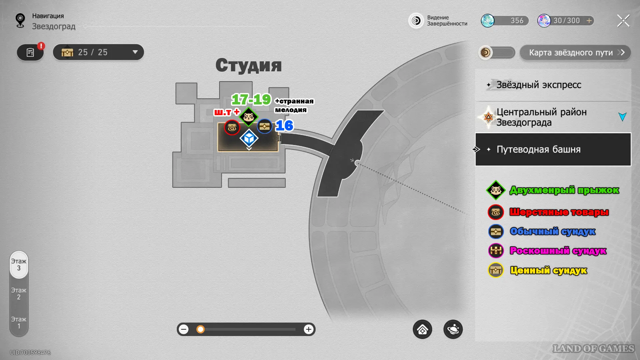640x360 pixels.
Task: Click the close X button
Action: [623, 21]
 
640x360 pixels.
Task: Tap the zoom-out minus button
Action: [184, 329]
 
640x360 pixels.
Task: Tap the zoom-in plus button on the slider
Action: [309, 329]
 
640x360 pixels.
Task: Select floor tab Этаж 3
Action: [19, 265]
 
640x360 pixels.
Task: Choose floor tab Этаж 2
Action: [19, 294]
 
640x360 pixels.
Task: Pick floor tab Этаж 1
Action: [19, 323]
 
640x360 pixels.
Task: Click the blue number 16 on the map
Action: [285, 126]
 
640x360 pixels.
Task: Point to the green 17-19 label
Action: [251, 99]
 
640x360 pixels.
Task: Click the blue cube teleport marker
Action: [249, 138]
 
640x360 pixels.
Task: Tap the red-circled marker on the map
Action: [232, 127]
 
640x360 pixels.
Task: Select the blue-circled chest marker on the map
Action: [265, 126]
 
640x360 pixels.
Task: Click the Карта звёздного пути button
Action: [575, 53]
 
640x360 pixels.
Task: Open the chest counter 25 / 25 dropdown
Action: [98, 52]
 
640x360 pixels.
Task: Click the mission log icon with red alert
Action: [30, 52]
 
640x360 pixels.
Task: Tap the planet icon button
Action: [453, 329]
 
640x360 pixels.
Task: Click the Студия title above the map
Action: [249, 65]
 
